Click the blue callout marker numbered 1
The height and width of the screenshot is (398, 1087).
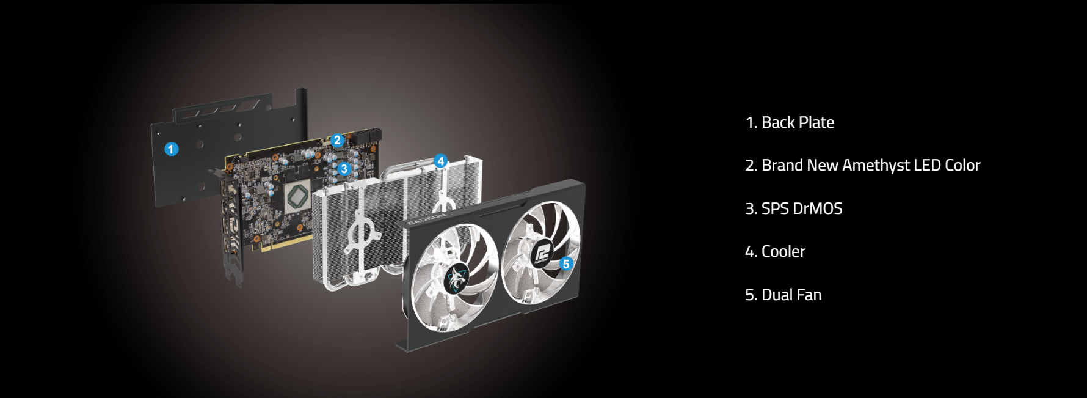(172, 149)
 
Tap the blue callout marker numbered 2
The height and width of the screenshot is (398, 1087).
(336, 141)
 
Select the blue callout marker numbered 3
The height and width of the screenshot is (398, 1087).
(344, 169)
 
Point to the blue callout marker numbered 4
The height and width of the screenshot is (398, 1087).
(441, 161)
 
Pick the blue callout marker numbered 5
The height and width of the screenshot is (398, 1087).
(566, 263)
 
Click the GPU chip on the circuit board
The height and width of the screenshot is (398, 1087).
(299, 197)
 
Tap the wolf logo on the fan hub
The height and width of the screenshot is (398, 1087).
(456, 279)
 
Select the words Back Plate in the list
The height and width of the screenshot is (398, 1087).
(798, 122)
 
